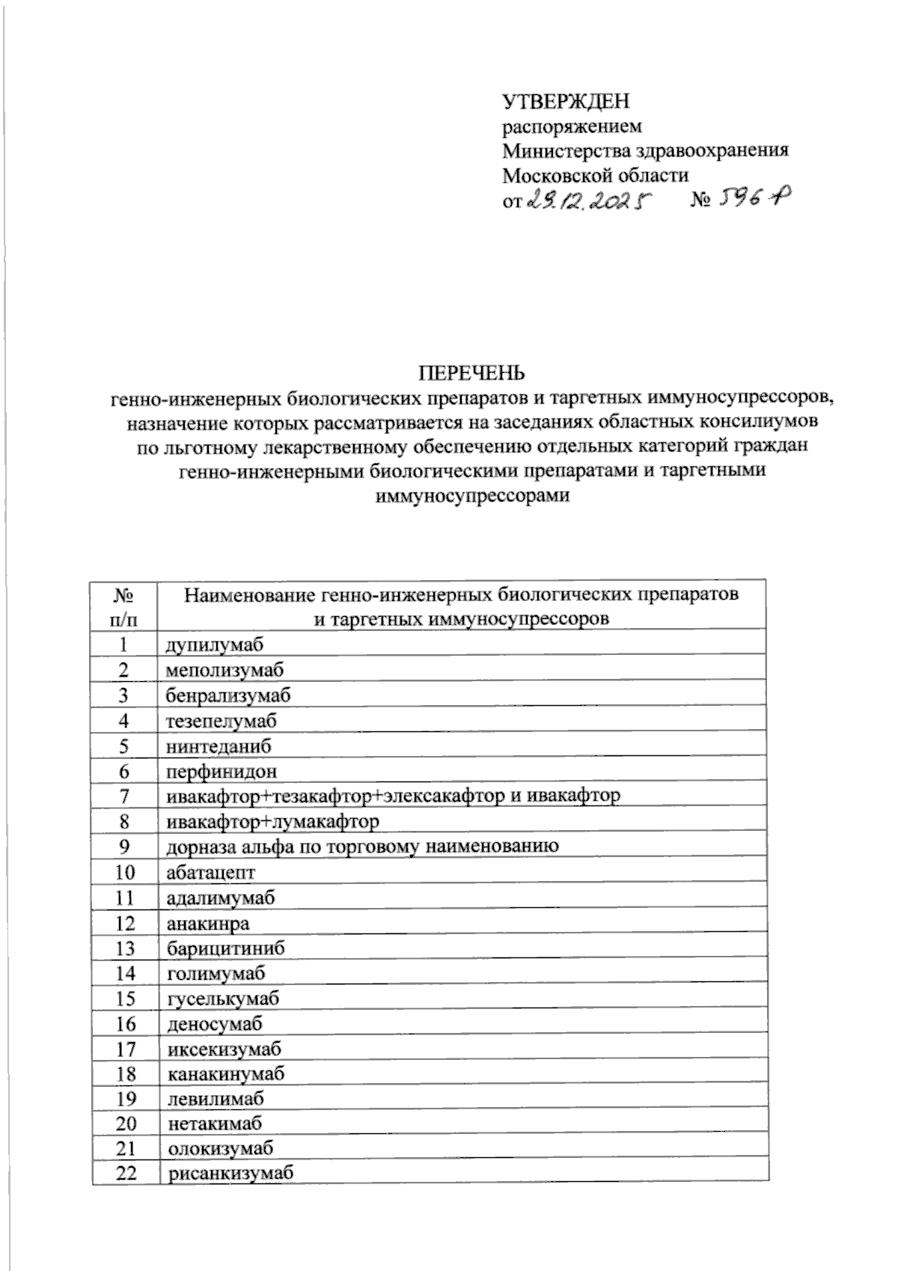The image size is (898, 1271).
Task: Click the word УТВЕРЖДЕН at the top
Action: pos(566,100)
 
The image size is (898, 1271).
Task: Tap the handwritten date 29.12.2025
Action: pos(589,201)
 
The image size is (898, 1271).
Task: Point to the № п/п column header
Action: pos(124,607)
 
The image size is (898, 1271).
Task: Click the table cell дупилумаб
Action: pos(216,644)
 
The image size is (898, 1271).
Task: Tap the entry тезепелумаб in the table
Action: pos(222,721)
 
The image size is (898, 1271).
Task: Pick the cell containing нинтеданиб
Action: pos(219,746)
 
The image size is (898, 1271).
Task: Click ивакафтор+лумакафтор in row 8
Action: pos(272,822)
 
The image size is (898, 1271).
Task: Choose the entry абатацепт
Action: pos(211,873)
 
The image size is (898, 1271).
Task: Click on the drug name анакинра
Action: pos(208,923)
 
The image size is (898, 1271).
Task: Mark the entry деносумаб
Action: pos(216,1024)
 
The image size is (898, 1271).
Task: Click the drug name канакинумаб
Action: pos(226,1074)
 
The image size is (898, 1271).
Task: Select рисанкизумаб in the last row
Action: pos(230,1174)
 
